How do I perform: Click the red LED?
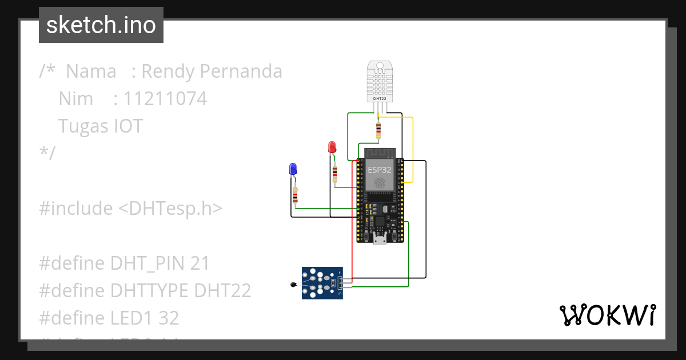point(332,147)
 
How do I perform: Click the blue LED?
point(293,169)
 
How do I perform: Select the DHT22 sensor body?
point(380,80)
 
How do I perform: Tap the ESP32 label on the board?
point(380,169)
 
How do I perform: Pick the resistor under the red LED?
point(335,173)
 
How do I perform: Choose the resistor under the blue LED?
point(295,195)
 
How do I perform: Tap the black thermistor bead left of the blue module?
point(294,283)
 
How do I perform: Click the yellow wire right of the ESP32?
point(413,149)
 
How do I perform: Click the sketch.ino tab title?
point(101,25)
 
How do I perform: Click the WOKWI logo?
point(607,315)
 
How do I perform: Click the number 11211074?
point(165,99)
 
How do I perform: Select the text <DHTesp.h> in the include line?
point(170,208)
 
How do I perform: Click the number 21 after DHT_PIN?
point(200,263)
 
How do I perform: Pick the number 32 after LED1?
point(169,318)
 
